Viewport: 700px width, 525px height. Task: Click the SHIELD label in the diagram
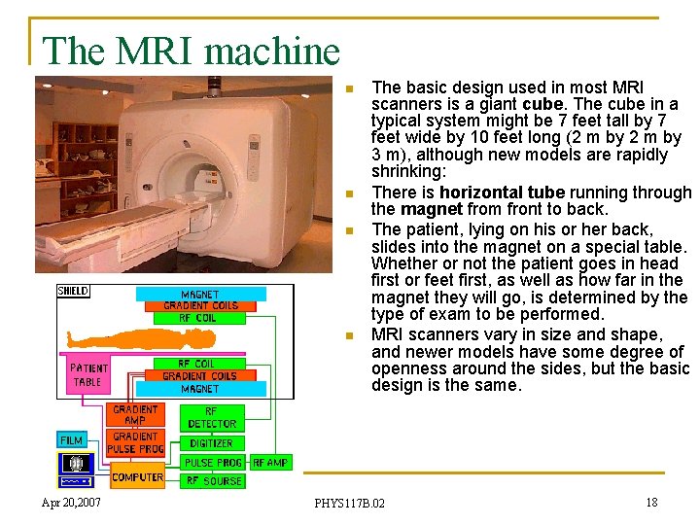pyautogui.click(x=73, y=291)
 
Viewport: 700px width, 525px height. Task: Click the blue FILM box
pyautogui.click(x=72, y=440)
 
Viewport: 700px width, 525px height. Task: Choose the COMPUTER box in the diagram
pyautogui.click(x=136, y=476)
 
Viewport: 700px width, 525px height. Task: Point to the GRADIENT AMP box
pyautogui.click(x=135, y=414)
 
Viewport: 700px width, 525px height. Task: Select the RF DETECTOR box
pyautogui.click(x=212, y=418)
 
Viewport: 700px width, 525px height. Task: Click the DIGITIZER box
pyautogui.click(x=212, y=443)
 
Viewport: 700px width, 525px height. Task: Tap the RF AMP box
pyautogui.click(x=270, y=463)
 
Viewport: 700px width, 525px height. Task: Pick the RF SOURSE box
pyautogui.click(x=213, y=480)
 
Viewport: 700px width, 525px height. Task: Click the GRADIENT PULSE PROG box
pyautogui.click(x=135, y=443)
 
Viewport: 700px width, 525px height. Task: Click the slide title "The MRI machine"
pyautogui.click(x=192, y=51)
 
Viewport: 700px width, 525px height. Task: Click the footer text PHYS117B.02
pyautogui.click(x=349, y=503)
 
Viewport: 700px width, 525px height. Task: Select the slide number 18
pyautogui.click(x=651, y=502)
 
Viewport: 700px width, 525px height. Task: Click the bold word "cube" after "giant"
pyautogui.click(x=542, y=104)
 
